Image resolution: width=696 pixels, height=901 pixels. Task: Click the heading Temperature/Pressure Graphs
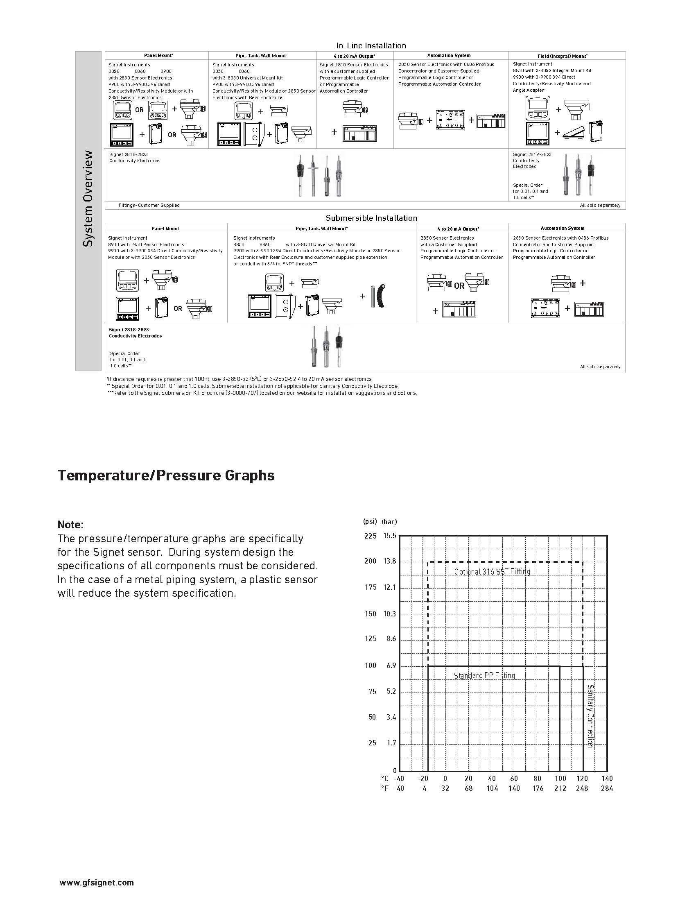coord(166,475)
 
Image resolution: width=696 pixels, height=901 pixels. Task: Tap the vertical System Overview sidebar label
coord(88,199)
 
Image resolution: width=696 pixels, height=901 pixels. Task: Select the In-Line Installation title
coord(371,46)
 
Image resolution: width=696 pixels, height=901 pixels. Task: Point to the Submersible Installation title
coord(371,218)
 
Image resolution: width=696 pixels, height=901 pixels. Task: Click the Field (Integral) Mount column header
coord(563,56)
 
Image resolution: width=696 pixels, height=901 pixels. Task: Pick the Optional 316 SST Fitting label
coord(492,572)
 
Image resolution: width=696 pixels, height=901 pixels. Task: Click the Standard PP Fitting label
coord(484,675)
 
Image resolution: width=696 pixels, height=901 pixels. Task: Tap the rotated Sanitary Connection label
coord(590,716)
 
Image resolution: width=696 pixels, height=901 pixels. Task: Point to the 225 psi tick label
coord(370,536)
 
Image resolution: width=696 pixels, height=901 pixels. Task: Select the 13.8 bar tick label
coord(390,561)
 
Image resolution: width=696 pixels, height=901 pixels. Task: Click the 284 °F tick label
coord(606,788)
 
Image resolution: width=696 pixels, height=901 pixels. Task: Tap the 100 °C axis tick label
coord(560,779)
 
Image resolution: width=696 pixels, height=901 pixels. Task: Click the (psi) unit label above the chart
coord(370,521)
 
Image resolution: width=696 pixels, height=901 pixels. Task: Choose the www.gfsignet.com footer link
coord(97,883)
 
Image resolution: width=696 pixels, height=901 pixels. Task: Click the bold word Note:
coord(70,525)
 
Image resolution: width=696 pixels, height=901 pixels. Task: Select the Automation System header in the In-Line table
coord(449,55)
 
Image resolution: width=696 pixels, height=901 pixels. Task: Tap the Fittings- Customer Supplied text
coord(149,206)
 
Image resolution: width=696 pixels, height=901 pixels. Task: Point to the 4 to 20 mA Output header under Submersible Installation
coord(458,229)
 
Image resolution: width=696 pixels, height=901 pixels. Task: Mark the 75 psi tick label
coord(372,691)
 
